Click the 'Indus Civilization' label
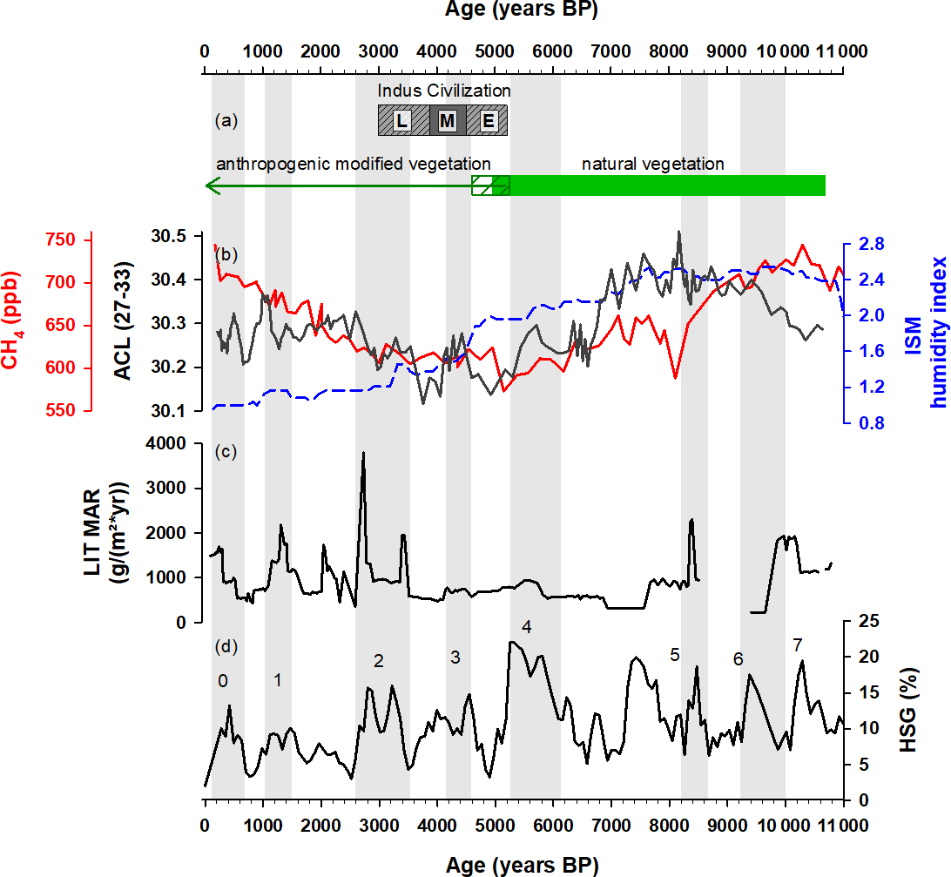(443, 91)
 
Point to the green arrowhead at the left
(210, 186)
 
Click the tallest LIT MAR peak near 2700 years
(363, 453)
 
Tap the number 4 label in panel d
(526, 626)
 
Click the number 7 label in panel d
(797, 644)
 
